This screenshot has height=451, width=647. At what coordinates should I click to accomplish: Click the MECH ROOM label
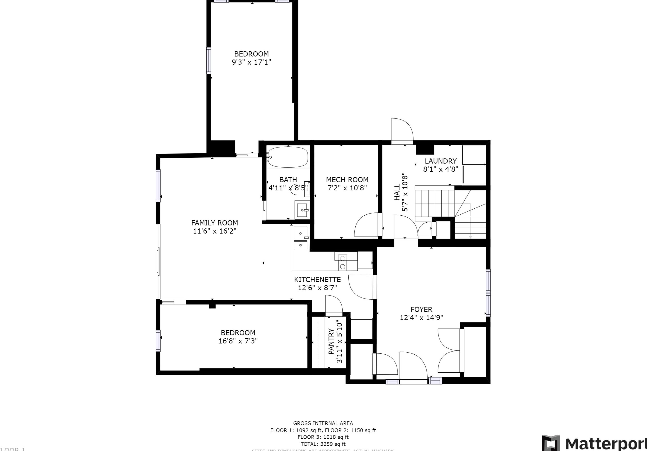347,180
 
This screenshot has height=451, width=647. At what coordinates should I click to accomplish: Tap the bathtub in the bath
287,157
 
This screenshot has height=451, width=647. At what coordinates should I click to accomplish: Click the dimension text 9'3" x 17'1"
251,62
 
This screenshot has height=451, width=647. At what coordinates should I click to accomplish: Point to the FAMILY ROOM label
214,223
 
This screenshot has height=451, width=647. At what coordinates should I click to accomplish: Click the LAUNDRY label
440,161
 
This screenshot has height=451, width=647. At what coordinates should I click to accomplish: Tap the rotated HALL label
397,192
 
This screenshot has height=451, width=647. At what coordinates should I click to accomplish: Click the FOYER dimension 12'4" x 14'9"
421,317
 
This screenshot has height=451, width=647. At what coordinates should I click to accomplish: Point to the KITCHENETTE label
317,279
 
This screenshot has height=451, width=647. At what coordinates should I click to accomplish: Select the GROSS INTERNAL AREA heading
323,423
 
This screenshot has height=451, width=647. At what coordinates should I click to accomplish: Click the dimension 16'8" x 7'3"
238,341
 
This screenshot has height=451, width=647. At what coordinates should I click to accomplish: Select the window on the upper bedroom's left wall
209,60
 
